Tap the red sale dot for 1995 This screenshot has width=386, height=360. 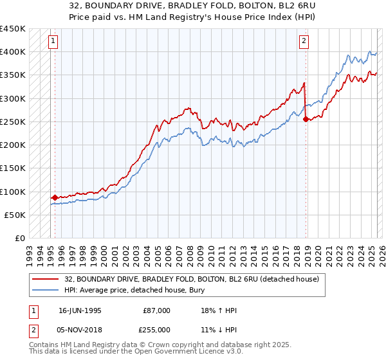click(55, 197)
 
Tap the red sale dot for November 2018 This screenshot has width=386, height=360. click(306, 119)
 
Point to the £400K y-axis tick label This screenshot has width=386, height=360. click(13, 52)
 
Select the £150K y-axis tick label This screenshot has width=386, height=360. click(13, 168)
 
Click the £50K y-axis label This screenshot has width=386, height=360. click(15, 215)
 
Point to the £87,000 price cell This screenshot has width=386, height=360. click(157, 310)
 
